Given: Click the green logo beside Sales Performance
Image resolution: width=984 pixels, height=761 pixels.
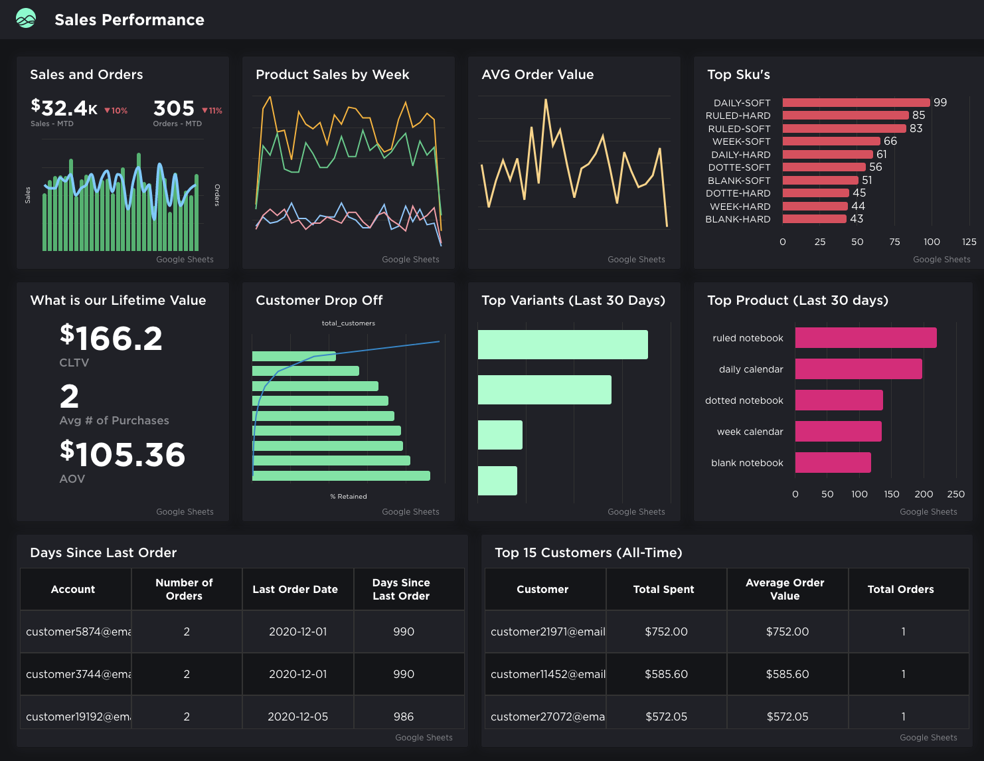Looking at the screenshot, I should click(x=26, y=19).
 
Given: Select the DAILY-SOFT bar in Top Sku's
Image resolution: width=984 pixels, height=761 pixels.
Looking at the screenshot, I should click(x=856, y=102).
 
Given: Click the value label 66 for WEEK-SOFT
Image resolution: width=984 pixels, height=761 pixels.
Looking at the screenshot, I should click(x=890, y=141).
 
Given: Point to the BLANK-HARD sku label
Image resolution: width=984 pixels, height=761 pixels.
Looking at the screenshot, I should click(x=738, y=219).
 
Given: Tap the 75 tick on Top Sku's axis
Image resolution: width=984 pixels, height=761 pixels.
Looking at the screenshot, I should click(x=894, y=242).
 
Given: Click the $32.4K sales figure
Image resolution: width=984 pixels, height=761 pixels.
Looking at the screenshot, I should click(x=64, y=108).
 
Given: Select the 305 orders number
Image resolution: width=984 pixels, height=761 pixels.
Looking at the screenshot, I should click(x=174, y=108).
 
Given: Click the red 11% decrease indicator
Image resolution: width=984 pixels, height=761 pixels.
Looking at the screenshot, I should click(x=212, y=111).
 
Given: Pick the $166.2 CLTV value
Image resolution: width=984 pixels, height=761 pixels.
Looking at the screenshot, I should click(x=111, y=338).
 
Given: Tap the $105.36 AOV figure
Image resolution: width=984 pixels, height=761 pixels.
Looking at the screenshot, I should click(x=122, y=454).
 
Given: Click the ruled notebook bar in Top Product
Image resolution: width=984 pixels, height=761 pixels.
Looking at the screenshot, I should click(x=866, y=338).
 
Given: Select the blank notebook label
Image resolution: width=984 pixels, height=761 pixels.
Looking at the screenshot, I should click(x=747, y=463).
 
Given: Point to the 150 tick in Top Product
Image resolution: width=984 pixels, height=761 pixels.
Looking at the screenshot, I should click(x=892, y=494).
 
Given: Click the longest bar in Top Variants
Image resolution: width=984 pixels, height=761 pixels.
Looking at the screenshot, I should click(x=562, y=345).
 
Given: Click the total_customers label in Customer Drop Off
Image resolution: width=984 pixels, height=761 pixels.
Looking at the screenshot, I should click(x=348, y=323).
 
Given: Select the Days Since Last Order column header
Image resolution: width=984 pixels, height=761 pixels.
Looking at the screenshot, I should click(x=401, y=589).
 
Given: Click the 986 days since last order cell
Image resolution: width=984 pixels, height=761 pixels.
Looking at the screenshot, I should click(x=403, y=717).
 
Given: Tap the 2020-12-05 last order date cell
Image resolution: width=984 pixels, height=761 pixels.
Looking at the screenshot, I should click(x=297, y=717).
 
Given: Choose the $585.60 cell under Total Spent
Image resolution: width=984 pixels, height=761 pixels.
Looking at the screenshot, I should click(x=666, y=674).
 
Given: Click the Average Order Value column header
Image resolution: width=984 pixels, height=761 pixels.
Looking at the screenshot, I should click(x=785, y=589).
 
